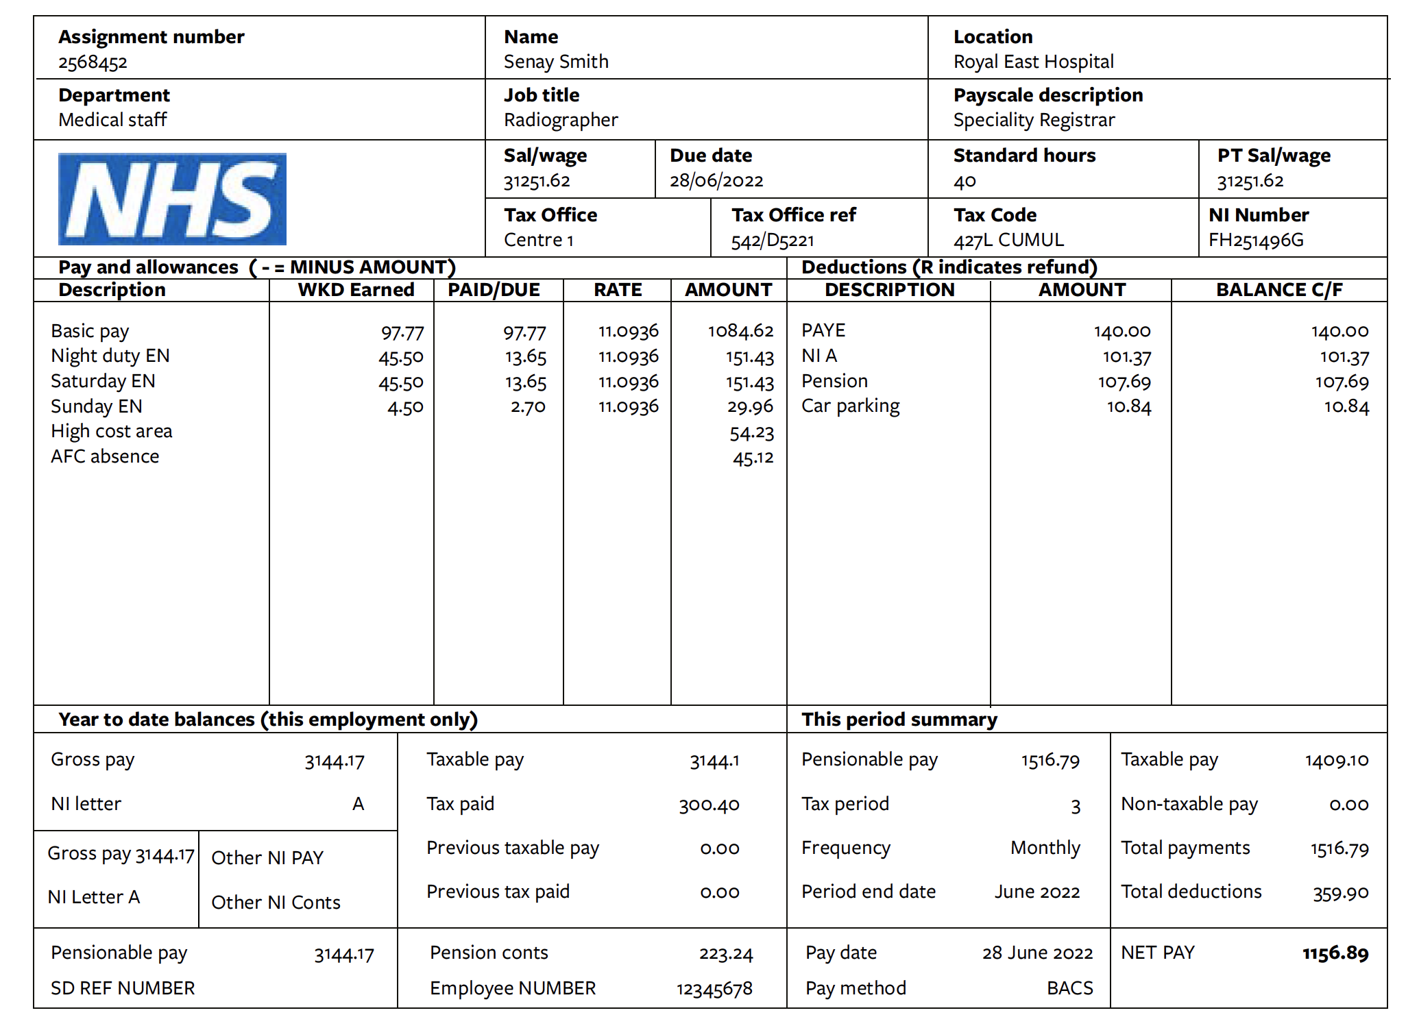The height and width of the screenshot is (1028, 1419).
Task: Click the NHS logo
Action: [x=172, y=199]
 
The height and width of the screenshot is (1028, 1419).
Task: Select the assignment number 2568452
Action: [x=93, y=63]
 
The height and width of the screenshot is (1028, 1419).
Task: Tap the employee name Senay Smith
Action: [x=556, y=62]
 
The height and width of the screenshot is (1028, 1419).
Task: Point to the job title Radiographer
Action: [x=561, y=120]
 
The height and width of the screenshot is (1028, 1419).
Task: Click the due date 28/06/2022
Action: [x=716, y=181]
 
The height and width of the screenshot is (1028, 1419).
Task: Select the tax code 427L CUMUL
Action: [x=1008, y=240]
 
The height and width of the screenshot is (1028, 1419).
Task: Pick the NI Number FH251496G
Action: [x=1256, y=240]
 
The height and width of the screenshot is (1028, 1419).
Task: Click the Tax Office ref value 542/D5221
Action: [x=773, y=241]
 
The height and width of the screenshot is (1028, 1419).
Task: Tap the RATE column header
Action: [x=618, y=290]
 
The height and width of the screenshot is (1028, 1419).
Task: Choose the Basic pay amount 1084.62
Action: [x=740, y=332]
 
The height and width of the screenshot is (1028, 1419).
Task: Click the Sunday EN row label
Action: [x=97, y=406]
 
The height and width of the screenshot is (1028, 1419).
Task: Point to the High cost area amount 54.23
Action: [x=751, y=433]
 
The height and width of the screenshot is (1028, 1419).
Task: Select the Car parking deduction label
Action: [x=851, y=406]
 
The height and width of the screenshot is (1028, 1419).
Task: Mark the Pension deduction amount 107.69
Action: [x=1124, y=382]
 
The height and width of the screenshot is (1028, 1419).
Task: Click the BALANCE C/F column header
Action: [x=1279, y=290]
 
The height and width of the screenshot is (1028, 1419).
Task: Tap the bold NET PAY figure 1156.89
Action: [x=1335, y=953]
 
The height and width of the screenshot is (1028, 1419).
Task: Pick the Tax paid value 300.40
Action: [x=709, y=805]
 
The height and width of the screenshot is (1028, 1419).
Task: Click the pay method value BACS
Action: [x=1069, y=988]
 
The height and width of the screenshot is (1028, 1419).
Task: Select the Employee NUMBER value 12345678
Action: [x=714, y=989]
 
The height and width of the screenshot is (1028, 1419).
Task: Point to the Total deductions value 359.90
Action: [x=1340, y=893]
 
